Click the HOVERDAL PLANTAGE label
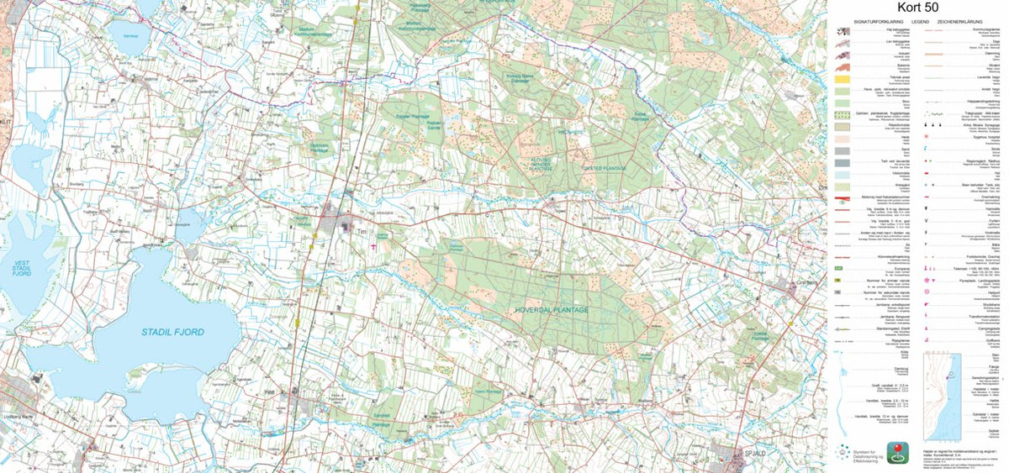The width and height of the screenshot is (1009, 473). (551, 310)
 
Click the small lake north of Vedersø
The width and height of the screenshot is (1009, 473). (129, 38)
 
